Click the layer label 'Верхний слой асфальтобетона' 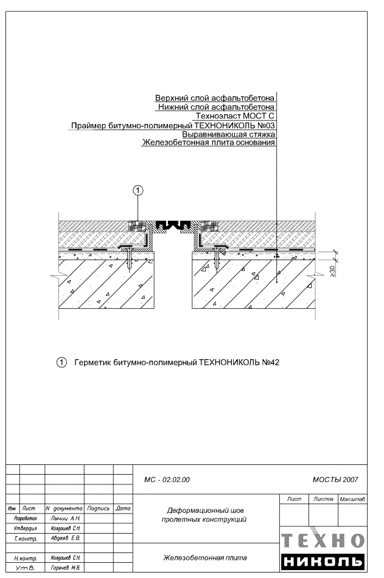(215, 98)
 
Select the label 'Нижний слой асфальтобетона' (216, 107)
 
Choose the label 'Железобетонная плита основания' (208, 143)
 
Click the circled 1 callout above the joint (138, 191)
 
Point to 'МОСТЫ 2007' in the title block (335, 480)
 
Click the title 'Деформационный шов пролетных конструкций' (204, 515)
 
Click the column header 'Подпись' (97, 507)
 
